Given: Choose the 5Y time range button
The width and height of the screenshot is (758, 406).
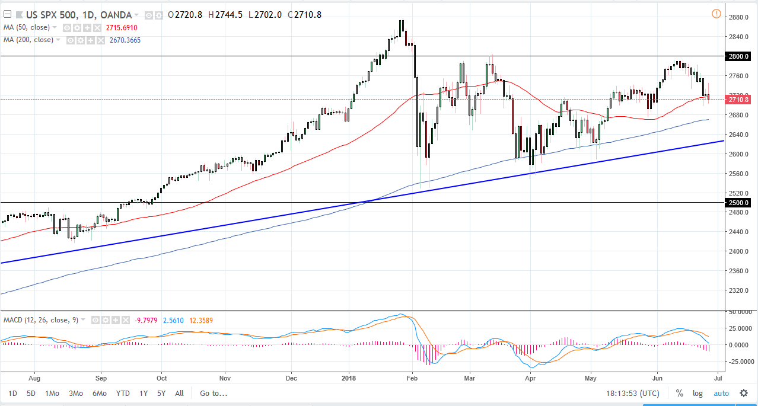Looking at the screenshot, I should [161, 393].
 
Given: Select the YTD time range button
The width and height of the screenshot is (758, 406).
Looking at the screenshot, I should [123, 393].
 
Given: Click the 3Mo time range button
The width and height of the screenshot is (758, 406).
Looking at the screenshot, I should [75, 393].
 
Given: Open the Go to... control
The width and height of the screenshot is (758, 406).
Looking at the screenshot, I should [214, 393].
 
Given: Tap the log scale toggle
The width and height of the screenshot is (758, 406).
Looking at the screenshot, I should [698, 393].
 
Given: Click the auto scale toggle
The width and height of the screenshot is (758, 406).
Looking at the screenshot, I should [721, 393].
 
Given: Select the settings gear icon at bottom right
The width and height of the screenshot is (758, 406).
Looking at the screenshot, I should [744, 393].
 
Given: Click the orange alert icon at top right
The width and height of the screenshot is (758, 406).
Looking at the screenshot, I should [716, 14].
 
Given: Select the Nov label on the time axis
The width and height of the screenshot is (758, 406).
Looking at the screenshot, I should [224, 377].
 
